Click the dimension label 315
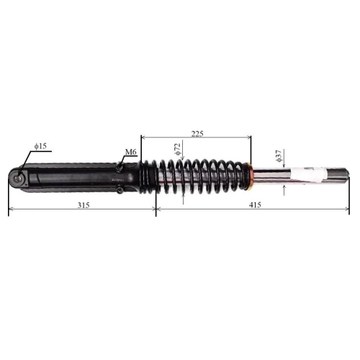pos(83,205)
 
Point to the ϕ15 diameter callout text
pos(40,146)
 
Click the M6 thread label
pos(130,152)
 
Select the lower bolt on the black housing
pos(118,189)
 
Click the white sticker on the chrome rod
pos(311,175)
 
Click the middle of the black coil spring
pos(196,176)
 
